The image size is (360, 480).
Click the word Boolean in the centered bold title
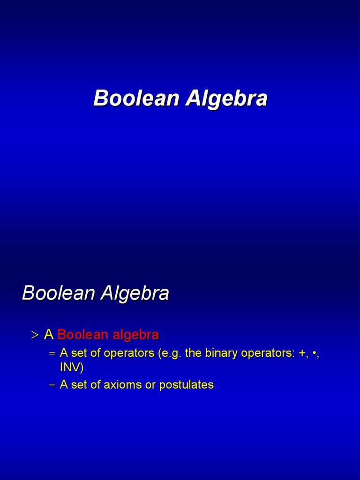(x=136, y=98)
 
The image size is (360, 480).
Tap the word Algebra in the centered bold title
(x=226, y=98)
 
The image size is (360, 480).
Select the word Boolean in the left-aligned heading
(x=58, y=293)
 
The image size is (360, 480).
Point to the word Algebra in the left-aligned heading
(x=135, y=293)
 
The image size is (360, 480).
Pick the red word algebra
(x=135, y=335)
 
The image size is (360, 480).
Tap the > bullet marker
(x=34, y=335)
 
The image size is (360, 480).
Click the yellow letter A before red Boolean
(x=48, y=335)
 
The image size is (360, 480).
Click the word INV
(x=71, y=367)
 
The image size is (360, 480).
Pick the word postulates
(x=186, y=385)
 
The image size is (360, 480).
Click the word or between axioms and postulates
(x=150, y=385)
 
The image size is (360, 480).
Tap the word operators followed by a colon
(x=267, y=353)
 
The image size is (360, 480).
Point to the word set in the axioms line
(x=79, y=385)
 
